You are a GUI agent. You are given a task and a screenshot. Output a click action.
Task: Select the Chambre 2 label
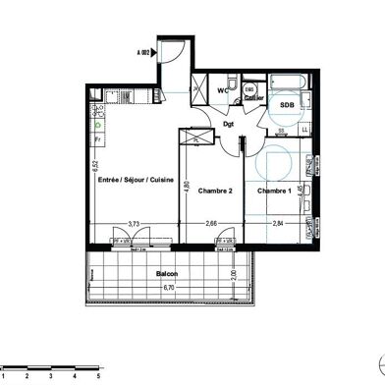pyautogui.click(x=214, y=191)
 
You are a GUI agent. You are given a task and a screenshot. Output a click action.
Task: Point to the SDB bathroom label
pyautogui.click(x=287, y=103)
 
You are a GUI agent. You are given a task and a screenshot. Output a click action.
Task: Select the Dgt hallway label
pyautogui.click(x=229, y=124)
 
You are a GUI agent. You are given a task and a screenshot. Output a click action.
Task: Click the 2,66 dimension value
pyautogui.click(x=213, y=224)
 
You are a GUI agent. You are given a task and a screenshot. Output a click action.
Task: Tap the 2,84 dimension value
pyautogui.click(x=278, y=224)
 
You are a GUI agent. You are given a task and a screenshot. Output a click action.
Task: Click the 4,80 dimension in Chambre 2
pyautogui.click(x=187, y=182)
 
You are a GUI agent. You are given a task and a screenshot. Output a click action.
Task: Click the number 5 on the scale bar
pyautogui.click(x=98, y=375)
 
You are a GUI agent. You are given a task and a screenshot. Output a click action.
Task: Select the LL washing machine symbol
pyautogui.click(x=305, y=129)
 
